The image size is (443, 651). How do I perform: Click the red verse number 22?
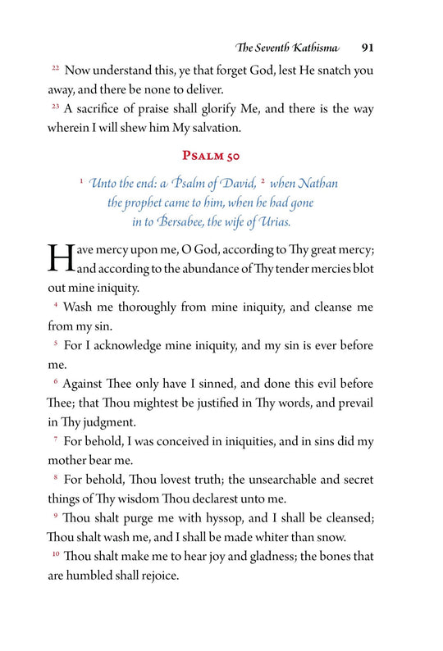[55, 69]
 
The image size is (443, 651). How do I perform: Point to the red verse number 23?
[55, 107]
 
